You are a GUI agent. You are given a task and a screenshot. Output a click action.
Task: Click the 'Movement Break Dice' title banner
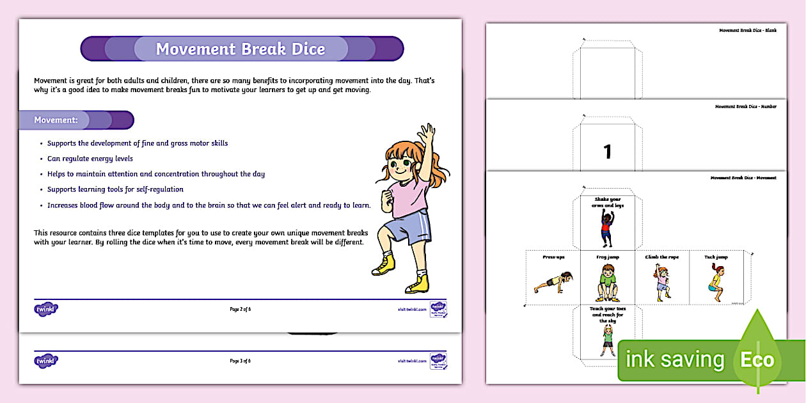pyautogui.click(x=241, y=49)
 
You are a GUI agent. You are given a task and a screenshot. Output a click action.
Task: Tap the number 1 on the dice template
pyautogui.click(x=608, y=152)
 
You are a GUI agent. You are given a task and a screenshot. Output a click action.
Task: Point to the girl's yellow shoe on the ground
pyautogui.click(x=417, y=284)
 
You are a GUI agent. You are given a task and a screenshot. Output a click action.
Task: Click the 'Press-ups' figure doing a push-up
pyautogui.click(x=553, y=281)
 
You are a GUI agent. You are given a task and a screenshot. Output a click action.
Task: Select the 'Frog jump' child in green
pyautogui.click(x=607, y=282)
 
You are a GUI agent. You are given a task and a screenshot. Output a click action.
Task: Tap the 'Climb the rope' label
pyautogui.click(x=661, y=257)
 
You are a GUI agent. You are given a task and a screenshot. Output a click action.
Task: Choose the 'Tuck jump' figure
pyautogui.click(x=716, y=282)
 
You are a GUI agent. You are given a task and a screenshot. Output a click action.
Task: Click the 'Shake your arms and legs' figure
pyautogui.click(x=607, y=228)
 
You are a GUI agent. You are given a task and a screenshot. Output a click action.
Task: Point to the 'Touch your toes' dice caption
pyautogui.click(x=607, y=313)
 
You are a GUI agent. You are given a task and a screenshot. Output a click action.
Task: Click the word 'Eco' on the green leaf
pyautogui.click(x=757, y=360)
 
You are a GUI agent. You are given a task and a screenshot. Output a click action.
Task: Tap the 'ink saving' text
pyautogui.click(x=674, y=360)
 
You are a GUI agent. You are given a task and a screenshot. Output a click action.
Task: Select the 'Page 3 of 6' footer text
pyautogui.click(x=240, y=361)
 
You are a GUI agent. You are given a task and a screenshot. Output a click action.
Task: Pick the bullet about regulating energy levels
pyautogui.click(x=90, y=159)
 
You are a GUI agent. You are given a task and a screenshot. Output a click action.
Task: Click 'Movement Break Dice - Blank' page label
pyautogui.click(x=747, y=30)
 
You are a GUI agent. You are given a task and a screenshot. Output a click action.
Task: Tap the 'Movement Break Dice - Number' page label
pyautogui.click(x=745, y=107)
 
